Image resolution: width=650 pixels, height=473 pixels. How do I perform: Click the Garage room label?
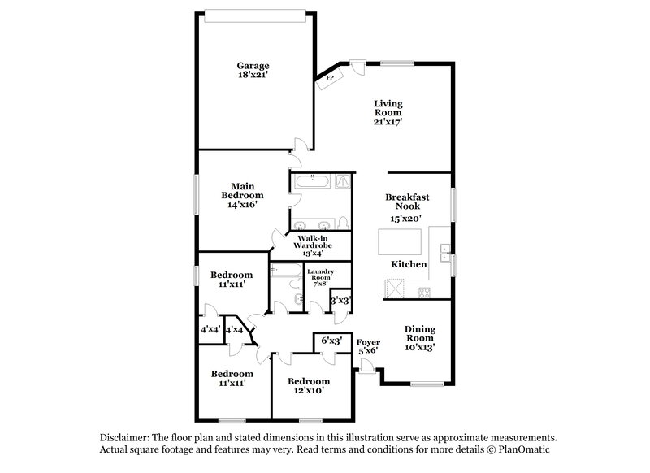pyautogui.click(x=253, y=71)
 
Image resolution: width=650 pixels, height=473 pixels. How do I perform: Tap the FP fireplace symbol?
pyautogui.click(x=331, y=78)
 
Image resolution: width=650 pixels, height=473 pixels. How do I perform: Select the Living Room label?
pyautogui.click(x=388, y=112)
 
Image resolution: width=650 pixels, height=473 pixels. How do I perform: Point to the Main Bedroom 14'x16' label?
pyautogui.click(x=242, y=196)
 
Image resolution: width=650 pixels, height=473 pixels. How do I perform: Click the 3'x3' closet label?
pyautogui.click(x=340, y=301)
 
